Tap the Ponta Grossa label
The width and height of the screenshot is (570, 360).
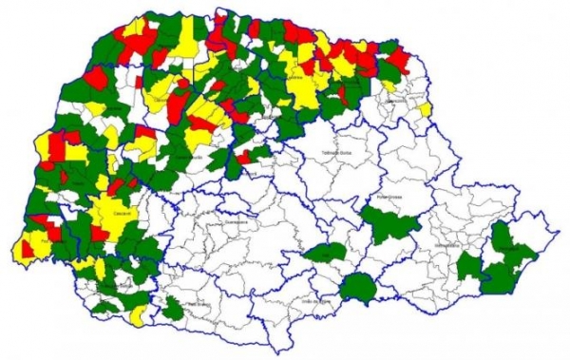click(x=390, y=198)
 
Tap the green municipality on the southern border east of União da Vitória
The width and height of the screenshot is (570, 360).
click(x=358, y=287)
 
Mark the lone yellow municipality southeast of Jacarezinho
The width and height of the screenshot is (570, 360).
click(x=425, y=109)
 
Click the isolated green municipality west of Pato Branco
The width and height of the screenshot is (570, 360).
click(x=173, y=308)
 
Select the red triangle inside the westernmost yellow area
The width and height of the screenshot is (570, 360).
click(x=24, y=251)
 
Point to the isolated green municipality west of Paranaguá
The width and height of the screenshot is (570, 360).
click(x=466, y=265)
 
